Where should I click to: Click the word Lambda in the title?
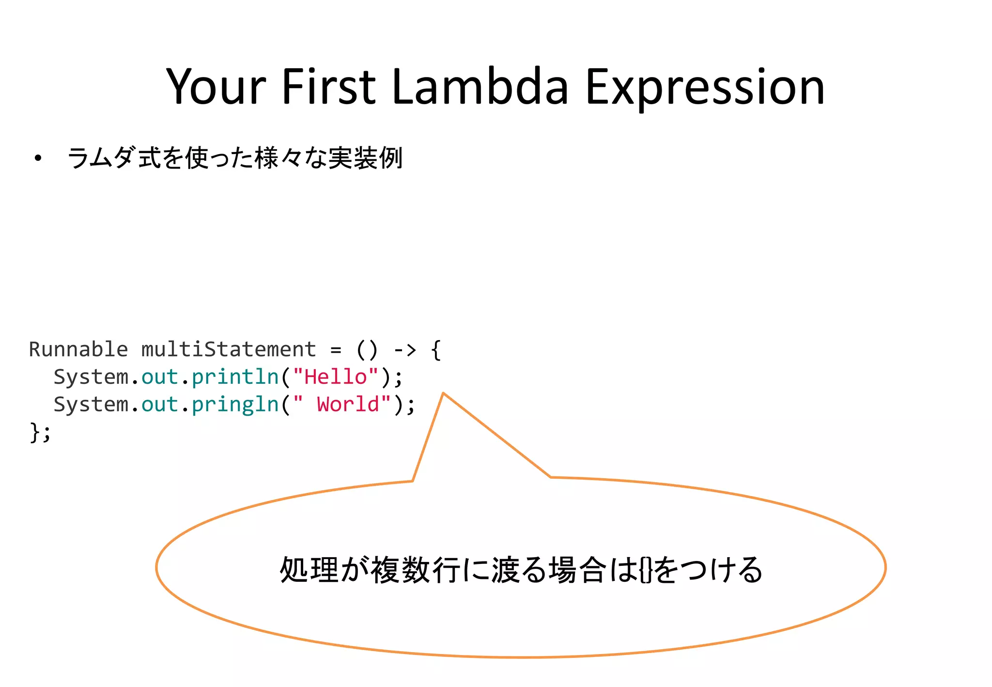tap(480, 87)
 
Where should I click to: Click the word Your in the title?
tap(216, 87)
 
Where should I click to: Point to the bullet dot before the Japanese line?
tap(38, 158)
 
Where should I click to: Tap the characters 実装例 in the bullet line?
tap(365, 158)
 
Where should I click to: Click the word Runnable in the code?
tap(78, 349)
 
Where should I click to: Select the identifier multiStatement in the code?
tap(229, 349)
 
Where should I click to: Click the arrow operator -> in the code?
tap(405, 349)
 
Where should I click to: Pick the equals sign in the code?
tap(336, 350)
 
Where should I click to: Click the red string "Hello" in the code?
tap(336, 377)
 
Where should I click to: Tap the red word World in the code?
tap(348, 405)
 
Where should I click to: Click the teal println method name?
tap(235, 377)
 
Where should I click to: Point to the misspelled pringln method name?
tap(235, 405)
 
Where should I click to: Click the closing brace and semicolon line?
tap(40, 432)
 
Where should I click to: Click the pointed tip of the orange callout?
tap(443, 394)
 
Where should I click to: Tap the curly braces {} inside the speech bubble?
tap(646, 570)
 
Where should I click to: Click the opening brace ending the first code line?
tap(436, 349)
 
